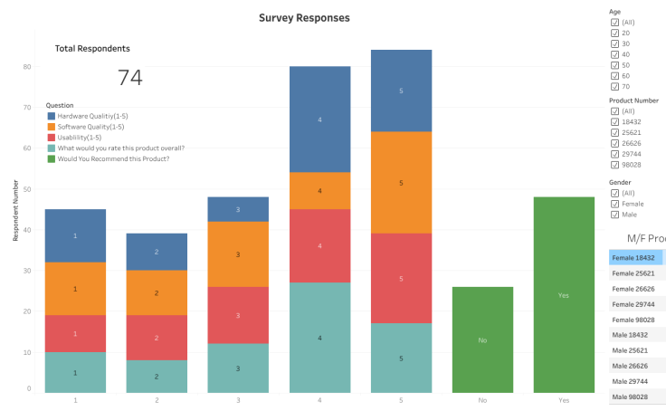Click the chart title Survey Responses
(x=304, y=17)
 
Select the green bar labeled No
(x=482, y=339)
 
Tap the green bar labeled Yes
(x=564, y=295)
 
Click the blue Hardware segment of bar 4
(x=319, y=119)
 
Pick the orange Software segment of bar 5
(x=401, y=182)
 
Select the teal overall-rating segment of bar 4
(x=319, y=338)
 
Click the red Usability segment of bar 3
(x=238, y=315)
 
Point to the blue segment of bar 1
(x=75, y=235)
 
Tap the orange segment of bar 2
(x=157, y=292)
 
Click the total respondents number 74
(x=130, y=78)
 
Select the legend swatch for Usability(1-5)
(x=52, y=138)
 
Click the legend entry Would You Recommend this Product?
(x=113, y=158)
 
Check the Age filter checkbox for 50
(x=615, y=65)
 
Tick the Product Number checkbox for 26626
(x=615, y=142)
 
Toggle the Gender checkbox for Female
(x=615, y=204)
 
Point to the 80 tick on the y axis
(x=28, y=66)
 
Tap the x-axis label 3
(x=238, y=399)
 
